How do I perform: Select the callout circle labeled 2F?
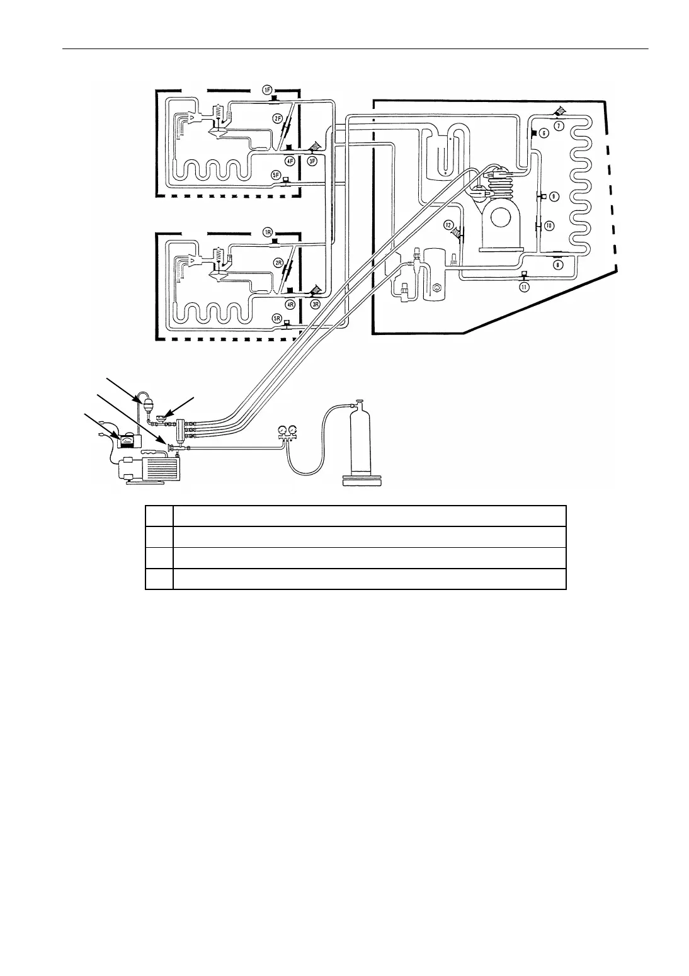(277, 118)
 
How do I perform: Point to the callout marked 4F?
(290, 161)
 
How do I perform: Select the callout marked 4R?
(290, 304)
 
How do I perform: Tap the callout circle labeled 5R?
(275, 319)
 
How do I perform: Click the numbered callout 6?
(544, 133)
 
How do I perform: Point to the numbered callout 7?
(557, 125)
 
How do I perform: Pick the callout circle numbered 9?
(553, 196)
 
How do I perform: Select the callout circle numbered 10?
(548, 225)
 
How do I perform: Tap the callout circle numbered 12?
(448, 225)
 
